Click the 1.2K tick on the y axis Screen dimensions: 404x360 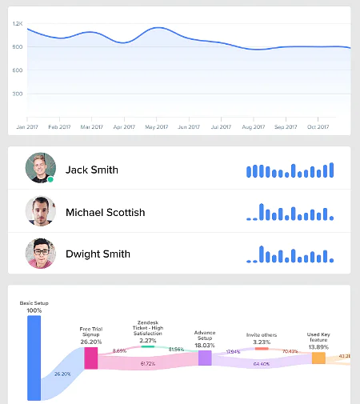[18, 23]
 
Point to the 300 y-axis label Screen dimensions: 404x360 [18, 94]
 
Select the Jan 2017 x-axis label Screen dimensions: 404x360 [27, 126]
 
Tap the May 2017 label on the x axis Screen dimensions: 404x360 [156, 126]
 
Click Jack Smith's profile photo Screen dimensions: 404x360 [40, 168]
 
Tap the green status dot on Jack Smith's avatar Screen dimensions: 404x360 [50, 179]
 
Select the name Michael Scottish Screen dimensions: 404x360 [105, 212]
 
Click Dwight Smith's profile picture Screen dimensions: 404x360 [40, 253]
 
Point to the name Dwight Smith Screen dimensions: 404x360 [98, 254]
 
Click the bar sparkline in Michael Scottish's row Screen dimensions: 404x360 [290, 212]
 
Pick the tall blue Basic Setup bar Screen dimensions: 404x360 [34, 358]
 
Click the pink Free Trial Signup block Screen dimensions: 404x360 [90, 358]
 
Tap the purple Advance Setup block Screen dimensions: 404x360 [205, 358]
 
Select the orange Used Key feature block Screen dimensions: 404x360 [318, 358]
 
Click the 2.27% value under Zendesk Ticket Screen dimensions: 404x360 [147, 340]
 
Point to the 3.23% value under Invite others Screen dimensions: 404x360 [262, 342]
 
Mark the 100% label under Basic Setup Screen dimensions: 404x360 [34, 310]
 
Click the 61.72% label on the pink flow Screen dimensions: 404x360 [147, 364]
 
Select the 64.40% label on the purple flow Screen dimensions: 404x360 [262, 364]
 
